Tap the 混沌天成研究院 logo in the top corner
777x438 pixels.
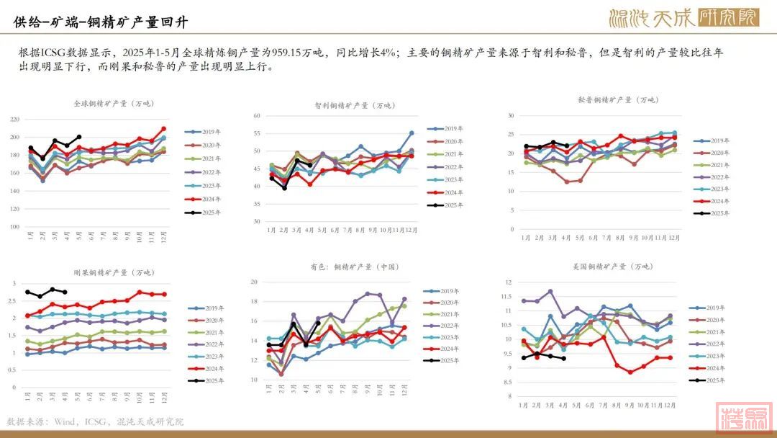pos(683,18)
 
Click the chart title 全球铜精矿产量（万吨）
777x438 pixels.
pos(114,104)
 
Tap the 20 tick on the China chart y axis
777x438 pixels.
pos(254,282)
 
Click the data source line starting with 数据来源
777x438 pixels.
pos(95,421)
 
